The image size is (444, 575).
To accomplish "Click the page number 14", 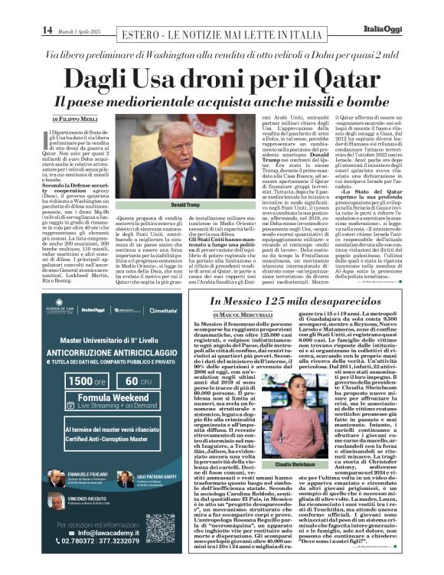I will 47,30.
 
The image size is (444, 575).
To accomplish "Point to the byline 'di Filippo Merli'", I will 80,119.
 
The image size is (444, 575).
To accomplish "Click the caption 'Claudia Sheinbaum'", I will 295,465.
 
